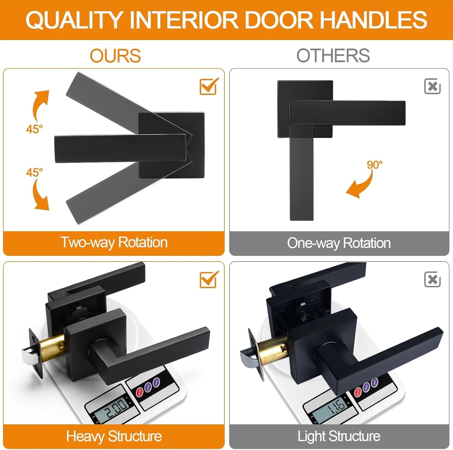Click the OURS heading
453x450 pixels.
pos(115,56)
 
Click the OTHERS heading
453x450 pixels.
pos(333,56)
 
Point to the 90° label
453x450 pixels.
pos(375,165)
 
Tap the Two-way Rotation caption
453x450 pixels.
pos(114,242)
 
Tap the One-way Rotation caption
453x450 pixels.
pos(339,243)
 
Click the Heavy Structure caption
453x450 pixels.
pos(114,436)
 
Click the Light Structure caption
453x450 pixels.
pos(339,436)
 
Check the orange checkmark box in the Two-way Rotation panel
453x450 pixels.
pos(209,86)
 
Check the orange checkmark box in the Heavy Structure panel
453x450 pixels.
pos(209,279)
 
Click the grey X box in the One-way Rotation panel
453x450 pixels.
pos(432,86)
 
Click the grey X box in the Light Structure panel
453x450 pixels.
pos(432,279)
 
